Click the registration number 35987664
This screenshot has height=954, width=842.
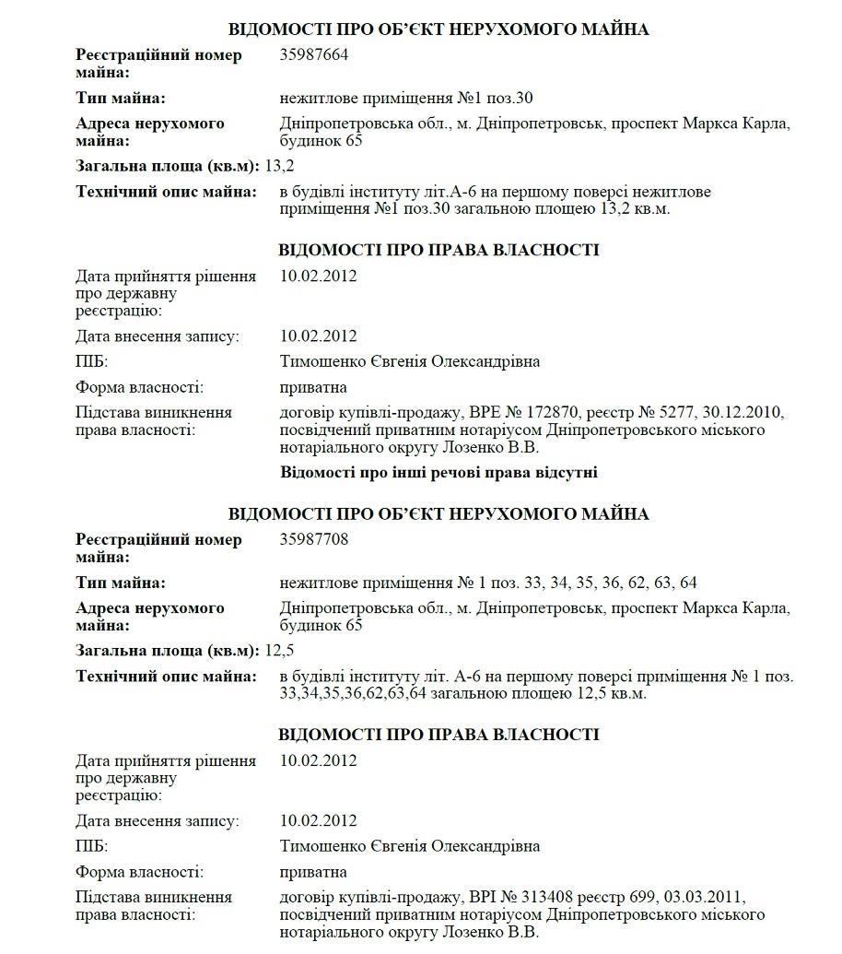[314, 55]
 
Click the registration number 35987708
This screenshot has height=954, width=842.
[314, 540]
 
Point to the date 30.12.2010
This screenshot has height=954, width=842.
[747, 412]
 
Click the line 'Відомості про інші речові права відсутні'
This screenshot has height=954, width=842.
[439, 473]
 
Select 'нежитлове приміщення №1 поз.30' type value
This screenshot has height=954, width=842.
[406, 98]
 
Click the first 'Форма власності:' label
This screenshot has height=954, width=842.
[139, 387]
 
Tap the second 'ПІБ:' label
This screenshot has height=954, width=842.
[91, 846]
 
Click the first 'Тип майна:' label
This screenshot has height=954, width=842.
[121, 98]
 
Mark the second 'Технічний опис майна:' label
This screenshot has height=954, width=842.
[166, 677]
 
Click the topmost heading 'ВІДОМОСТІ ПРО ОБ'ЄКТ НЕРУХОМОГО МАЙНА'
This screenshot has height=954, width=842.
[439, 29]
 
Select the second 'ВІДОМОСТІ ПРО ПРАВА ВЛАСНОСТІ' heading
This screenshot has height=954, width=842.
[439, 735]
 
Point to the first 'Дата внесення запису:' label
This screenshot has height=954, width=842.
[158, 336]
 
